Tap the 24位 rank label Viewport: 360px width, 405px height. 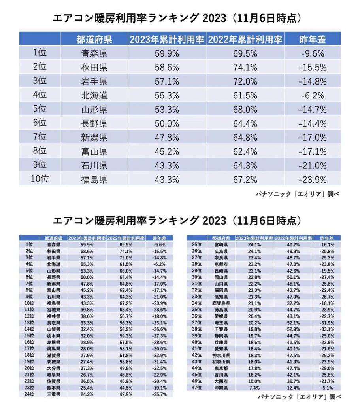(x=29, y=394)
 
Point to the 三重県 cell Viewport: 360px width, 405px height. (x=53, y=394)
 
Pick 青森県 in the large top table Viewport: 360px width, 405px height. (x=94, y=53)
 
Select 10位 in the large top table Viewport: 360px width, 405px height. (x=40, y=179)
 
